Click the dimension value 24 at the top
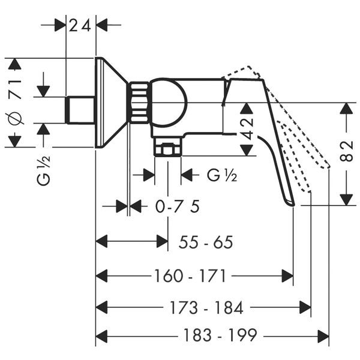(x=80, y=25)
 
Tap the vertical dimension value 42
(x=247, y=129)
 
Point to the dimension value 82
(x=346, y=151)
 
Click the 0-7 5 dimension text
(x=177, y=206)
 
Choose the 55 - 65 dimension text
(x=206, y=242)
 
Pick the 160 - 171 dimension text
(x=190, y=276)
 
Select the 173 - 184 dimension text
(x=206, y=307)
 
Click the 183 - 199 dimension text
(x=220, y=335)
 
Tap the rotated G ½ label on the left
(x=43, y=170)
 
